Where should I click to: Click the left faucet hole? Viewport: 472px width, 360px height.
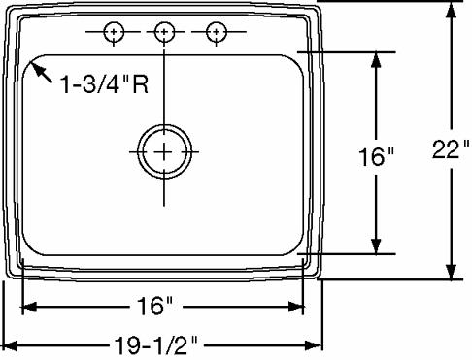coord(114,32)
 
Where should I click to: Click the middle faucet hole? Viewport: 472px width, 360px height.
coord(164,32)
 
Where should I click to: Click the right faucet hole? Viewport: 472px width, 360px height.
coord(217,32)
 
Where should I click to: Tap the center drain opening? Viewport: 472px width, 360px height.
coord(164,151)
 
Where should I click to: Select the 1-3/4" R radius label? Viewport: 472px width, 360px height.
coord(104,84)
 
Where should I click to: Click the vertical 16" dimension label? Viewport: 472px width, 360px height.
coord(376,157)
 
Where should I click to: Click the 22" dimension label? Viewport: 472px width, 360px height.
coord(451,149)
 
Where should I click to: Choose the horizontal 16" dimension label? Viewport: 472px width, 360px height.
coord(155,306)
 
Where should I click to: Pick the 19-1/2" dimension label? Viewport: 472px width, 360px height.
coord(156,346)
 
